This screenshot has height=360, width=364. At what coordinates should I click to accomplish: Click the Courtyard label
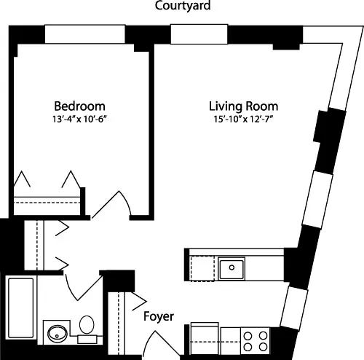pos(182,7)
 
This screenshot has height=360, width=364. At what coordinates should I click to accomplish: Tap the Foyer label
pos(158,317)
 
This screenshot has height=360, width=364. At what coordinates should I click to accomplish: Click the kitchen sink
pos(232,268)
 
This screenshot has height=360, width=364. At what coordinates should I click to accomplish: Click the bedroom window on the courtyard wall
pos(84,34)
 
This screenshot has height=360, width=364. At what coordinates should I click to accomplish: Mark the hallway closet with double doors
pos(33,244)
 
